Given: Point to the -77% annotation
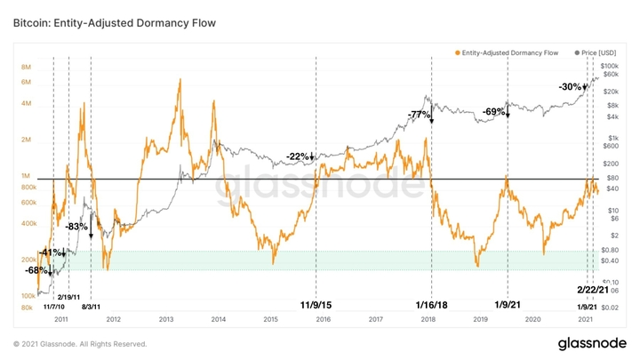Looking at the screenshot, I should pos(419,115).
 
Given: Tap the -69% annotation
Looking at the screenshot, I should pos(494,111).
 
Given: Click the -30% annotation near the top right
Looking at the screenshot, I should pos(571,86).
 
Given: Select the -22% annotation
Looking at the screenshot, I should pos(299,156).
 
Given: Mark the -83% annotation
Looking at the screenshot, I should pos(77,227).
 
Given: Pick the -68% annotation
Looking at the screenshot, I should pos(36,270).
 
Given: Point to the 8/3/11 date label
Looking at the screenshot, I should pos(91,305).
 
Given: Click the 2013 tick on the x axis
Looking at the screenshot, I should pos(165,317).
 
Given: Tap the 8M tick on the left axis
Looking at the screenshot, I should pos(27,67).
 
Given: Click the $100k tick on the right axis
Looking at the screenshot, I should pos(610,67).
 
